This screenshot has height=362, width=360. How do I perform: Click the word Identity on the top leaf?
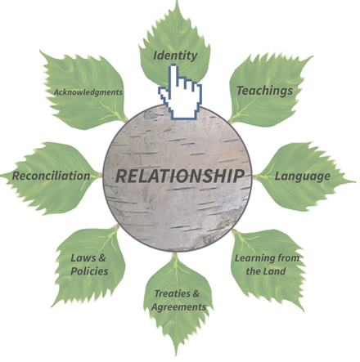click(x=175, y=56)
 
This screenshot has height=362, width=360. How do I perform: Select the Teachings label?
click(x=264, y=91)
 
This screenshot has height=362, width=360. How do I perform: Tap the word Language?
click(x=302, y=177)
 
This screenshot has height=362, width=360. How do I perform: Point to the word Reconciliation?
click(x=51, y=176)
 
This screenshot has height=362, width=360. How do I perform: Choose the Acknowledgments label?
click(x=88, y=92)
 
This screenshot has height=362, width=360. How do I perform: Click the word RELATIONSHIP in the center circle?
click(x=180, y=176)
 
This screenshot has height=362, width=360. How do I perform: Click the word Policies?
click(x=89, y=271)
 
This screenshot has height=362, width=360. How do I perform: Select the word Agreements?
click(x=179, y=307)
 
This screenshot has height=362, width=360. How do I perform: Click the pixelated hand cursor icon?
click(x=180, y=92)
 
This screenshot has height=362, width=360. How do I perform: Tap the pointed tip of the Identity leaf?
click(x=178, y=1)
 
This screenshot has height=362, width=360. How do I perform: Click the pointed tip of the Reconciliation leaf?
click(x=1, y=175)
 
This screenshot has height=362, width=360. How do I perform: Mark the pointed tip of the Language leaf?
click(x=355, y=181)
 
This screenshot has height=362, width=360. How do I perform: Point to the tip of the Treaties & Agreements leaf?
click(x=177, y=355)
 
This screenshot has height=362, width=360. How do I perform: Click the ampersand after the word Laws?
click(x=102, y=257)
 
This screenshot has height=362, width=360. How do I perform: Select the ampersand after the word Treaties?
click(x=196, y=293)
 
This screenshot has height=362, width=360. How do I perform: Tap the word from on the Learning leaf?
click(x=289, y=257)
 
